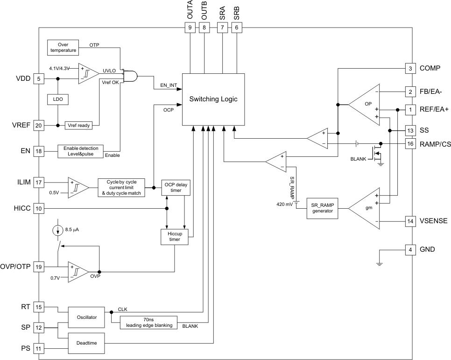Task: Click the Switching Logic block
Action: pos(213,99)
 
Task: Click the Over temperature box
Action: pos(60,47)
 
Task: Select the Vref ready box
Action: pos(78,125)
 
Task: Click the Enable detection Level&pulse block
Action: pos(80,151)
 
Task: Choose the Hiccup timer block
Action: pos(174,236)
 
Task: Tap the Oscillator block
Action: pos(87,317)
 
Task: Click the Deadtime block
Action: pos(87,343)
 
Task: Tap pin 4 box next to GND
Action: pos(410,249)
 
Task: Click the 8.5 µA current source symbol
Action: pos(56,230)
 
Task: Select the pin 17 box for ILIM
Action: pos(38,183)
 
